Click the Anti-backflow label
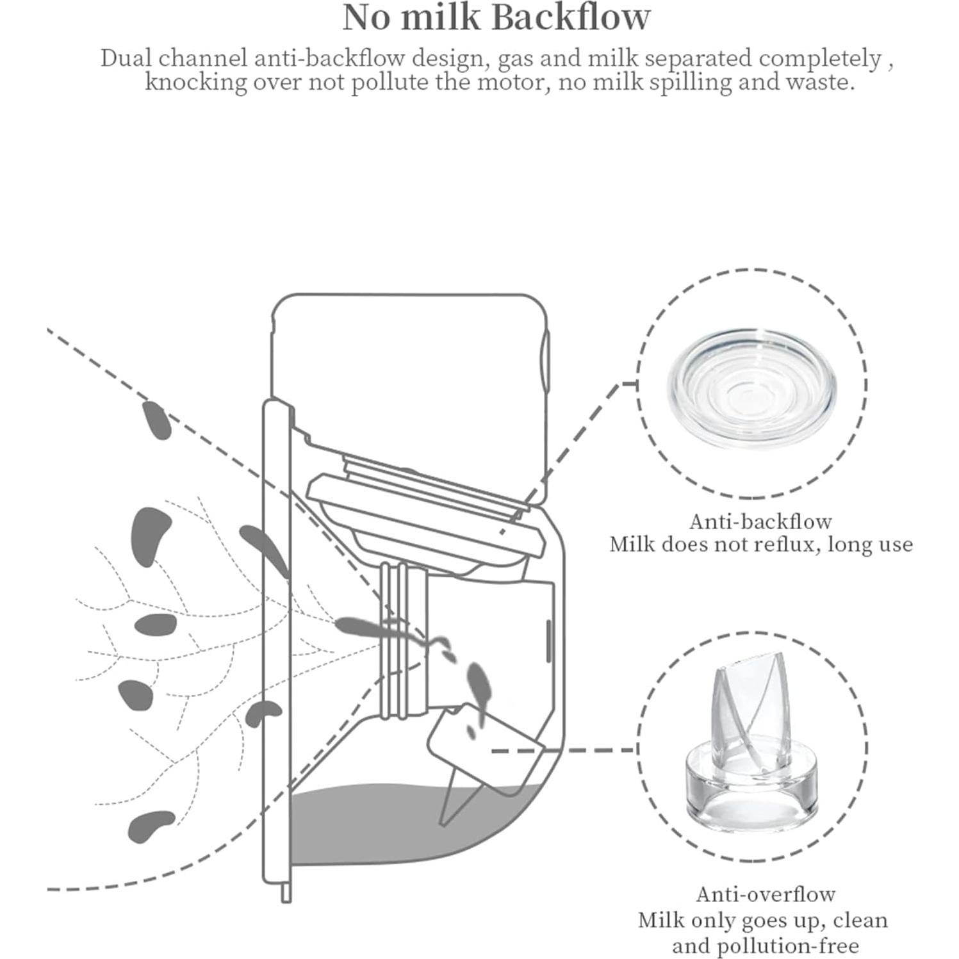tap(760, 521)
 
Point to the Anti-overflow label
tap(766, 894)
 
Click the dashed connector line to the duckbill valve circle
tap(564, 749)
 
